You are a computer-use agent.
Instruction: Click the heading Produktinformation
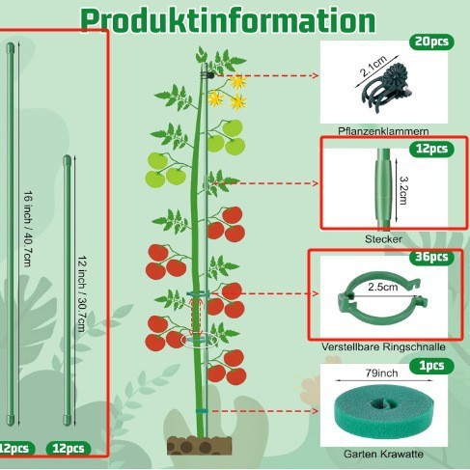tap(228, 20)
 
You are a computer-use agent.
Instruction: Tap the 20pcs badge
tap(431, 41)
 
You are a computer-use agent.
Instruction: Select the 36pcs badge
tap(431, 257)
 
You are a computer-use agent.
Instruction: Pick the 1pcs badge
tap(431, 366)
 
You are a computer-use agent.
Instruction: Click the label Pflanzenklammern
tap(383, 131)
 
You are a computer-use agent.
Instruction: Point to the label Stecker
tap(383, 239)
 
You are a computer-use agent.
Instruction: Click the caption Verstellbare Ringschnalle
tap(383, 346)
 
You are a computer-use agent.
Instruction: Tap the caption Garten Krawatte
tap(383, 454)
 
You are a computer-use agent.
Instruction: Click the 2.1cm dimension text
tap(373, 67)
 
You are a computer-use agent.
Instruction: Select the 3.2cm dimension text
tap(403, 190)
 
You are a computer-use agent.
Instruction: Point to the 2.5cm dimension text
tap(383, 287)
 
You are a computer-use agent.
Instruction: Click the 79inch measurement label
tap(381, 373)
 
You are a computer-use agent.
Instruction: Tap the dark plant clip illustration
tap(384, 87)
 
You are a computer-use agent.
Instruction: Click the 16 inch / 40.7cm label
tap(28, 229)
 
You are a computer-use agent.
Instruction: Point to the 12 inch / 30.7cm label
tap(82, 294)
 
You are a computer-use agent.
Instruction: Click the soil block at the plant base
tap(199, 445)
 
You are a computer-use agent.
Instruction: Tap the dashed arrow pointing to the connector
tap(265, 183)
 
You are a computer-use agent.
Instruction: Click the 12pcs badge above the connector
tap(431, 149)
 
